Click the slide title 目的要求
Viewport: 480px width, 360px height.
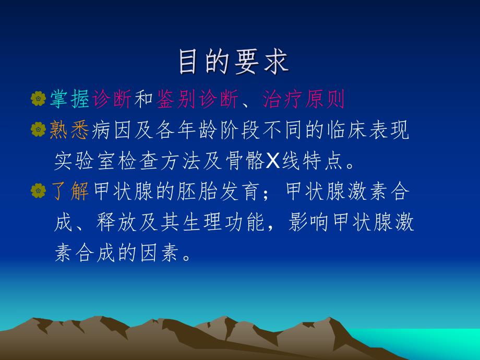(x=233, y=62)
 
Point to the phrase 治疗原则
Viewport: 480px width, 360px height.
(x=304, y=99)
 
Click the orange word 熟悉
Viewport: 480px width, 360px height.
(x=69, y=130)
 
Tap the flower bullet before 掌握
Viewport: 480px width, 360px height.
(x=38, y=99)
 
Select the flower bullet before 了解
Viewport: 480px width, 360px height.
(x=38, y=192)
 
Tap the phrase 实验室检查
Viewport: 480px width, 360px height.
(x=107, y=162)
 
